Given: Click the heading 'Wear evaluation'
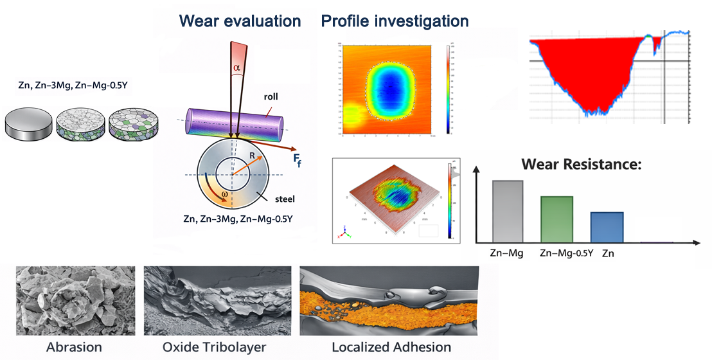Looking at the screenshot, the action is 240,21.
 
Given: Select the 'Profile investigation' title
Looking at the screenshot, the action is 395,21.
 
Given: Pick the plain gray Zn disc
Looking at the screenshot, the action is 28,123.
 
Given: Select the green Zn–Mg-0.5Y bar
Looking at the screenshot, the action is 556,219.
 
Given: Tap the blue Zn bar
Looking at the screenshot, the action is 607,227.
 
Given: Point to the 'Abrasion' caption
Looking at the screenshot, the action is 74,347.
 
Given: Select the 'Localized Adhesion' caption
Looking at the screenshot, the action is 391,347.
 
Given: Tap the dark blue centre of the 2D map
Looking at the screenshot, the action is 391,90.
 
